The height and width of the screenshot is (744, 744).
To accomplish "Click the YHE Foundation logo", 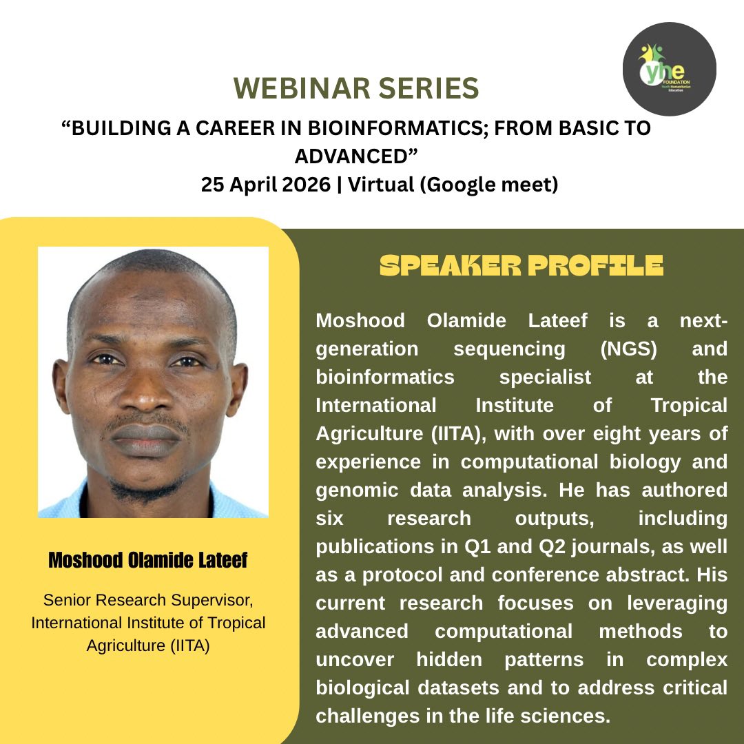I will coord(668,69).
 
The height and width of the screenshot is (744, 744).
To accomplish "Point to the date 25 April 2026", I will coord(266,185).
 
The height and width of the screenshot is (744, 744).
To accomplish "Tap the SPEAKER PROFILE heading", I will coord(521,266).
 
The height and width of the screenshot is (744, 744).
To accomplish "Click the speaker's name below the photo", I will coord(147,561).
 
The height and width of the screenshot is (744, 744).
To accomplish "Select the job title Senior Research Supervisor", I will coord(148,601).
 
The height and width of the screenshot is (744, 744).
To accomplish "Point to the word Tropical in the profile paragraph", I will coord(689,405).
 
